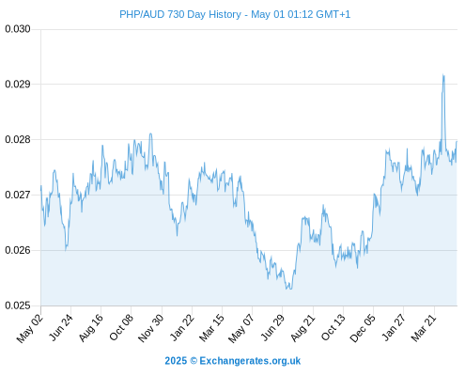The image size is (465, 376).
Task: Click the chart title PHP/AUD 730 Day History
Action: (180, 14)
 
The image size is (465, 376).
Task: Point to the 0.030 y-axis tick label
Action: (18, 29)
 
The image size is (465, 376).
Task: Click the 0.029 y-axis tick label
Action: (18, 84)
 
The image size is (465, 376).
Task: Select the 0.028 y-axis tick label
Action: (18, 139)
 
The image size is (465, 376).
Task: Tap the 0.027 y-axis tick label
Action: (18, 195)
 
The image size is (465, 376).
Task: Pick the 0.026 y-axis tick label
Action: (18, 250)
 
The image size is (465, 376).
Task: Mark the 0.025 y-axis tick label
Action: (18, 305)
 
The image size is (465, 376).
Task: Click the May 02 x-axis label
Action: (30, 328)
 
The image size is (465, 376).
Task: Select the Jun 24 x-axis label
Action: (61, 327)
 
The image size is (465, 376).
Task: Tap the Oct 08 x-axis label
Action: (121, 327)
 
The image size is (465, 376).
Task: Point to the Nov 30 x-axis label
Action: (150, 328)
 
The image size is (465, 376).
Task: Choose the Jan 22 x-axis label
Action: (182, 327)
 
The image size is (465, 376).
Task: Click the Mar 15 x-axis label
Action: (212, 327)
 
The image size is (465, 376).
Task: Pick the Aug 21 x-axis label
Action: (302, 327)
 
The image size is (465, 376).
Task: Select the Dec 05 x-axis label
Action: (363, 328)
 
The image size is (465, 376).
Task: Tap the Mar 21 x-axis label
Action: (424, 327)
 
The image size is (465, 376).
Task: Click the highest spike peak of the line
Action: (443, 74)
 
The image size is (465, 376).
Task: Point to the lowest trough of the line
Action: (288, 289)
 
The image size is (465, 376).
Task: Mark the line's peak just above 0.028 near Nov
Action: (150, 133)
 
